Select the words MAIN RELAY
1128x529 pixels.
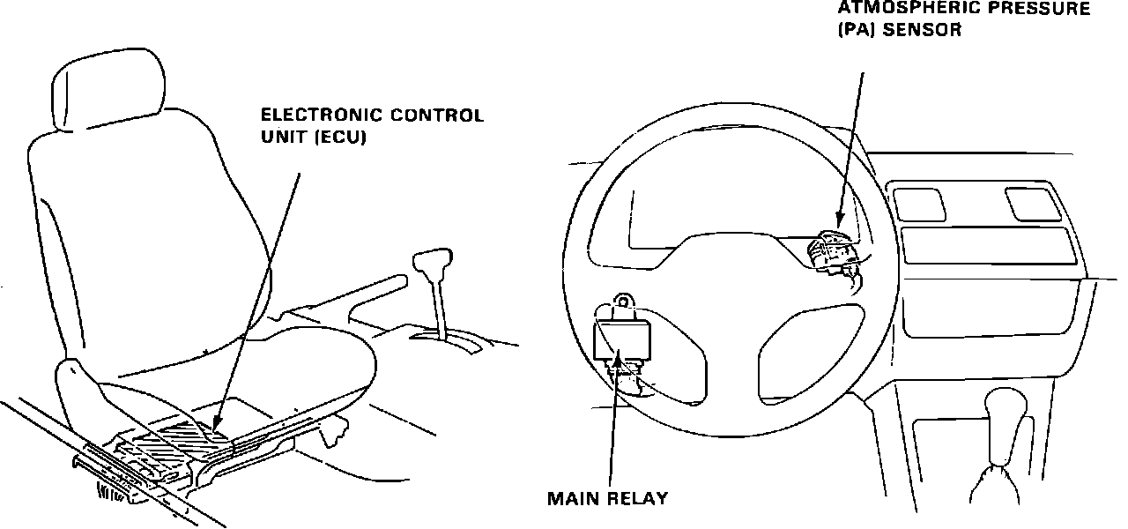(607, 498)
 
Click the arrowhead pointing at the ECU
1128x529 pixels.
(218, 433)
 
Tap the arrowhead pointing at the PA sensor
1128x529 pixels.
(838, 220)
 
